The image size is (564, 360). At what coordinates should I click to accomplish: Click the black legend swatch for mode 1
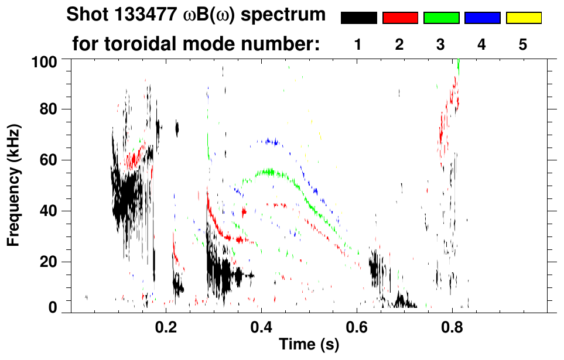pyautogui.click(x=358, y=18)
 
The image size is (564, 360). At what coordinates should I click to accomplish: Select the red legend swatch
pyautogui.click(x=400, y=18)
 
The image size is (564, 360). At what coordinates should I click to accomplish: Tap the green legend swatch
pyautogui.click(x=441, y=18)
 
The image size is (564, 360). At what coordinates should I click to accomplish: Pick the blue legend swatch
pyautogui.click(x=482, y=18)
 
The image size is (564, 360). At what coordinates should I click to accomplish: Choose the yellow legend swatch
pyautogui.click(x=523, y=18)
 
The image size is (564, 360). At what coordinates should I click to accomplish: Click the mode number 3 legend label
pyautogui.click(x=441, y=44)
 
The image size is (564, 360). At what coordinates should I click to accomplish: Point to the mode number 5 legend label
pyautogui.click(x=523, y=44)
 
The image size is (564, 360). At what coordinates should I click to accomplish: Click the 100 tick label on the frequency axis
pyautogui.click(x=44, y=60)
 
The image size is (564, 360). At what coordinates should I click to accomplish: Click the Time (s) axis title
pyautogui.click(x=309, y=345)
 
